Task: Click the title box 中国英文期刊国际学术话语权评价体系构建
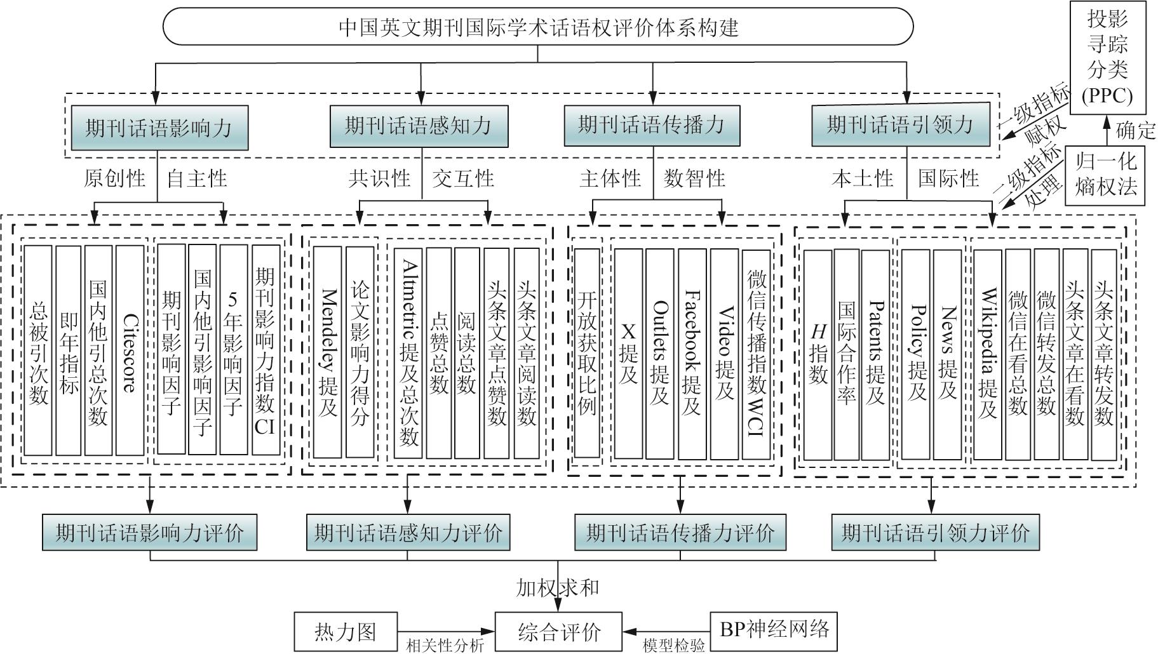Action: [x=537, y=27]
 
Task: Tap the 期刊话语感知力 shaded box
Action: [x=419, y=125]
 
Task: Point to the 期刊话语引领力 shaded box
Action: [x=900, y=124]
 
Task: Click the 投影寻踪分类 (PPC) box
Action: [x=1108, y=57]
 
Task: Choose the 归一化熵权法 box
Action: [x=1106, y=175]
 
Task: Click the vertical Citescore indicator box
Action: [x=130, y=350]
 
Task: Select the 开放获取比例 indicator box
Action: [x=587, y=353]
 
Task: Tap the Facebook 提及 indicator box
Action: [x=692, y=353]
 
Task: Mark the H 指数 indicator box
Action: [x=818, y=354]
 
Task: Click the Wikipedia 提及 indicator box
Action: [x=987, y=354]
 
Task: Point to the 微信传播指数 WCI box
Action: [x=756, y=353]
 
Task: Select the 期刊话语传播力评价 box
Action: [x=680, y=532]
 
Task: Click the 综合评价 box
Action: [x=559, y=632]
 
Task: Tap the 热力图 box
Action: [x=346, y=632]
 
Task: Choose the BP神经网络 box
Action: [x=774, y=631]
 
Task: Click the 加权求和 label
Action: [x=557, y=587]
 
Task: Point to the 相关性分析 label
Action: [x=445, y=646]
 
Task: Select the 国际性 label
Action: [x=948, y=178]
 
